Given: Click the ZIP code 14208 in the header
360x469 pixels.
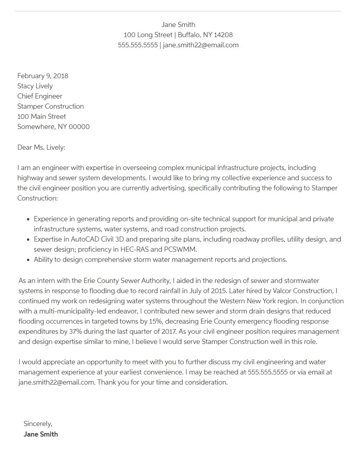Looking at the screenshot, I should [223, 35].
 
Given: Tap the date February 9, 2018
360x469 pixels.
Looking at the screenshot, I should [43, 76].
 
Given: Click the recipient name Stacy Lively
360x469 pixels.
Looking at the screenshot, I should [35, 86].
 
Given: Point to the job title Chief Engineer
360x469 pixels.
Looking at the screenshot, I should [40, 96].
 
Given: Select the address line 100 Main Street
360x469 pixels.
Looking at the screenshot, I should [42, 116].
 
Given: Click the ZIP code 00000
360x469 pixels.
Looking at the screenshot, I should [79, 127].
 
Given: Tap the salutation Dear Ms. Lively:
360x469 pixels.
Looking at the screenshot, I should [41, 147].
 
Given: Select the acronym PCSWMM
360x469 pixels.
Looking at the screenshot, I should [182, 249].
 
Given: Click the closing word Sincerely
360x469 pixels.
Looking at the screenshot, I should [37, 424].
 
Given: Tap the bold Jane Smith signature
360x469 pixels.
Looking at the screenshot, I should [41, 434].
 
